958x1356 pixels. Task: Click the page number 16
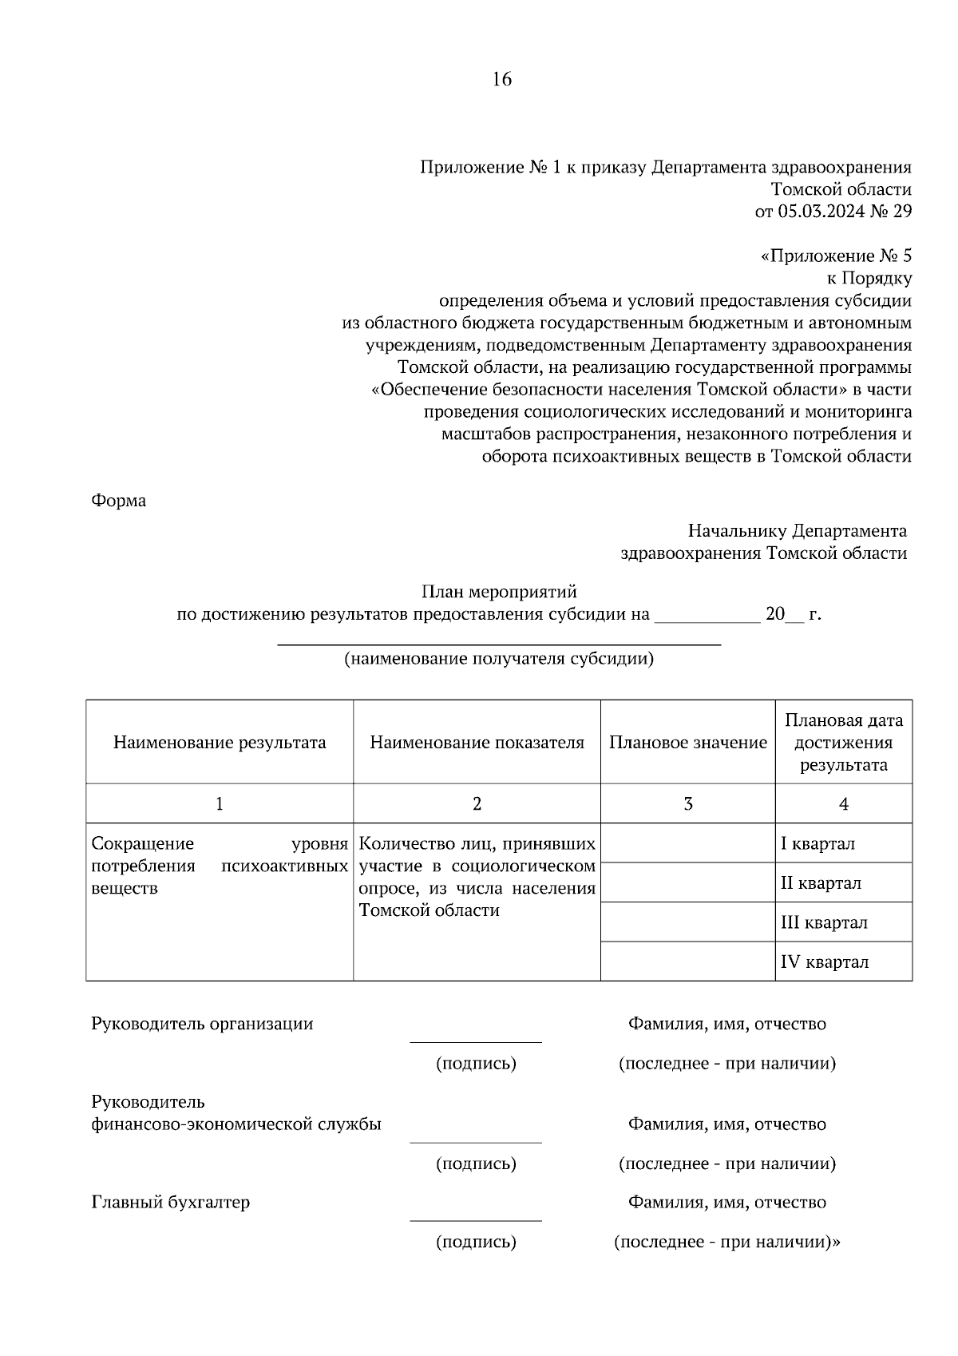point(501,79)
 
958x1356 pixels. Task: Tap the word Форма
point(118,501)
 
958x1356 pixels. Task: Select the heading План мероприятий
point(499,592)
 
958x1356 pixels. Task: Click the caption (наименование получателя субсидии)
point(499,659)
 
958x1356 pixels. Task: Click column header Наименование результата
point(220,743)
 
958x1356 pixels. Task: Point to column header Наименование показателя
point(477,743)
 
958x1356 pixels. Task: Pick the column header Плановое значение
point(687,743)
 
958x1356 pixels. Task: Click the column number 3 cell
point(687,804)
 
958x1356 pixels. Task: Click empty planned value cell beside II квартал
point(687,883)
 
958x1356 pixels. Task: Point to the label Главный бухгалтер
point(170,1202)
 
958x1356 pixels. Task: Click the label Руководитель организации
point(202,1024)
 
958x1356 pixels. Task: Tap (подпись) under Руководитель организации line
point(476,1064)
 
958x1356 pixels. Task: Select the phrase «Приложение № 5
point(836,256)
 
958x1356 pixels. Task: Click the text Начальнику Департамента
point(797,531)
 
